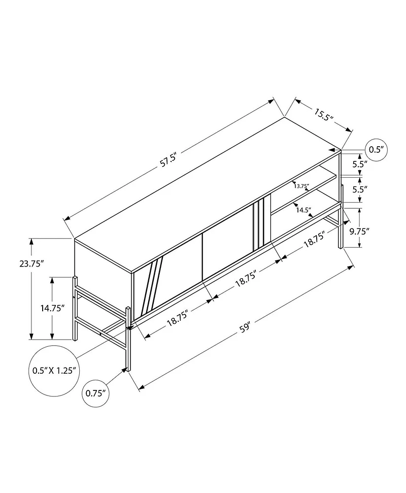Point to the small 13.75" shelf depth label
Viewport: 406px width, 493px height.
(x=301, y=186)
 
